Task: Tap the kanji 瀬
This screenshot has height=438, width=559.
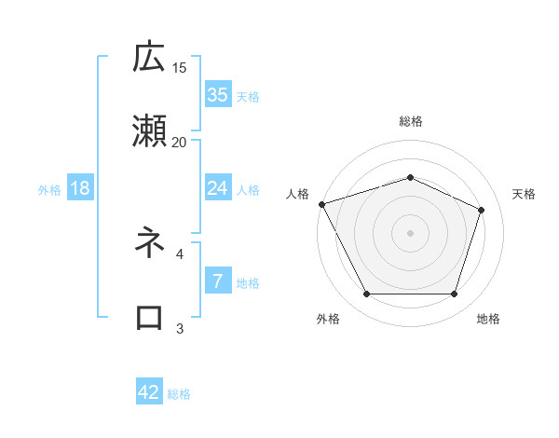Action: click(x=149, y=132)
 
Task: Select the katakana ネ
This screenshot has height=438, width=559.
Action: click(x=149, y=243)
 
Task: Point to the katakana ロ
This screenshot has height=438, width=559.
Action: click(x=149, y=318)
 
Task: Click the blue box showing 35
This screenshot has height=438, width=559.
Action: click(x=217, y=95)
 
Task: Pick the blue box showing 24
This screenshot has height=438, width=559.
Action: click(x=217, y=188)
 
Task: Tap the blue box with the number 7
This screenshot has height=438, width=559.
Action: click(x=217, y=281)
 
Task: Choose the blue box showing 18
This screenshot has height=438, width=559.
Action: click(x=80, y=188)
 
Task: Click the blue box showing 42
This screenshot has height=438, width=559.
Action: click(x=149, y=392)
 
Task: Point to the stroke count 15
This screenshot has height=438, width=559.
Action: click(x=179, y=67)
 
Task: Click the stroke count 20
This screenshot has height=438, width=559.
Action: click(x=179, y=142)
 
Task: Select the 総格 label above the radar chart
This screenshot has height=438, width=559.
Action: click(x=411, y=121)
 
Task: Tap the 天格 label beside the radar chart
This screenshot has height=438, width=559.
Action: click(x=525, y=194)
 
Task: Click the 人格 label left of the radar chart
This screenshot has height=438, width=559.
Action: click(x=297, y=194)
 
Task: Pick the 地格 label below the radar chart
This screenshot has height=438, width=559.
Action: click(x=488, y=319)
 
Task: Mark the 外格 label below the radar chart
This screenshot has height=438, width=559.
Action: click(x=328, y=319)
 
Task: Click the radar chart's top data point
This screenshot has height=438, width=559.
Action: click(x=411, y=177)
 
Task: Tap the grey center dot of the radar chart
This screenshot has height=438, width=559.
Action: click(x=411, y=232)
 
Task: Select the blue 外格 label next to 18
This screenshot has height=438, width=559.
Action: click(x=49, y=189)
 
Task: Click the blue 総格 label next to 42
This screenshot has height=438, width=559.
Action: click(x=179, y=393)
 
